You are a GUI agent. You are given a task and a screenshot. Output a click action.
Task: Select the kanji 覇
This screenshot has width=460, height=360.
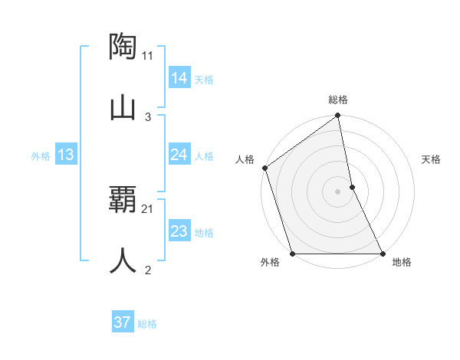123,200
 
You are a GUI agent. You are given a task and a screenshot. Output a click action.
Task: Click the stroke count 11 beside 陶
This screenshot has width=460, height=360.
148,55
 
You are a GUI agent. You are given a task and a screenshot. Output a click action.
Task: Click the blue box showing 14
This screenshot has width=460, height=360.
179,78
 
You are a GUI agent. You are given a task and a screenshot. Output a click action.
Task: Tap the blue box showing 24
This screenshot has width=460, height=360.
179,155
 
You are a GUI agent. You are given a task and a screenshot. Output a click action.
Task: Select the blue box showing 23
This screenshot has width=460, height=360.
179,232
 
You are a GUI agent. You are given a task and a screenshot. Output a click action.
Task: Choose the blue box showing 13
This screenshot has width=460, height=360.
65,155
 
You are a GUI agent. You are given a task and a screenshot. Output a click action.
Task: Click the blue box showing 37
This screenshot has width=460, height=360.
122,322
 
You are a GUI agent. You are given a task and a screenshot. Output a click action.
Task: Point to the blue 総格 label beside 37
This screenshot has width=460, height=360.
147,324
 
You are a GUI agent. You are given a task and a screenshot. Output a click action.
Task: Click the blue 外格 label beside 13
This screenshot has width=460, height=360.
41,156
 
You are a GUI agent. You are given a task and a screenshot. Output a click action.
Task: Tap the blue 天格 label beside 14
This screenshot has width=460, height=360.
204,80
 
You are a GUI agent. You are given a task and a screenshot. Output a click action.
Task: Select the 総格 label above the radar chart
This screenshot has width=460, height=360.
338,100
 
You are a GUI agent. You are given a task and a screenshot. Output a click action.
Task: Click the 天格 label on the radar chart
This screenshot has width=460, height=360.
431,159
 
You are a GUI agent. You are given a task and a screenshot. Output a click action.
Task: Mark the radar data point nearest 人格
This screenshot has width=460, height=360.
264,168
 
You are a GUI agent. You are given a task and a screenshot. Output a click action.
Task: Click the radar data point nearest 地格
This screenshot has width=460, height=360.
382,254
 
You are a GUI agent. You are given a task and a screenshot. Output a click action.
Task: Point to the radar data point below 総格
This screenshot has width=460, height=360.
338,116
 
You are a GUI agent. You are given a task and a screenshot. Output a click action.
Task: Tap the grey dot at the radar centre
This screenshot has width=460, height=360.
338,191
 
